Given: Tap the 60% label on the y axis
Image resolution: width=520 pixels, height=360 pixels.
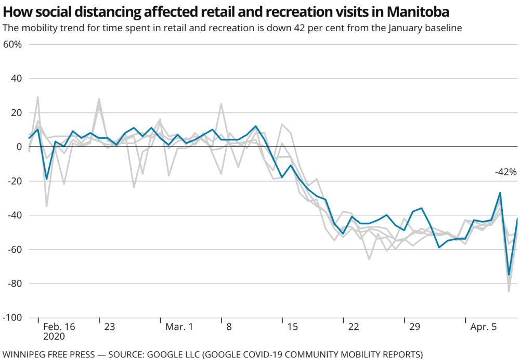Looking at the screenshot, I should [12, 44].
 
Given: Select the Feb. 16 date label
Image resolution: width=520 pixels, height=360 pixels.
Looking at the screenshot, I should [59, 327].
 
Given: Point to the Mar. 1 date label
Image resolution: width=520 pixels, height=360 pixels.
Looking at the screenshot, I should [179, 327].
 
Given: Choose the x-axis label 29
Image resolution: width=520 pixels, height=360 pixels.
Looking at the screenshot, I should [414, 327].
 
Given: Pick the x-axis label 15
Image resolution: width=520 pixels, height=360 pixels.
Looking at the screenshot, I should [292, 327].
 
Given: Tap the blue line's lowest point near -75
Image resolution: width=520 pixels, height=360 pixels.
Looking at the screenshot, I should [509, 275].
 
